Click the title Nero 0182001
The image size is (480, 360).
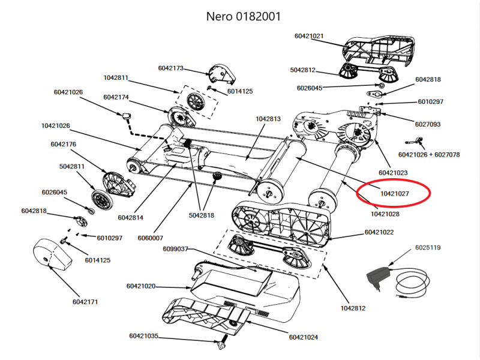(x=240, y=16)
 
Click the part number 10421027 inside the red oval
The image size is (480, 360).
(x=394, y=194)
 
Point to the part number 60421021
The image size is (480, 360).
(x=309, y=36)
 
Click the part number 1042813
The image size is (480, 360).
(x=268, y=119)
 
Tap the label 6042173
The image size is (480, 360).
(x=171, y=68)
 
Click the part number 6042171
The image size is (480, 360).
(x=86, y=301)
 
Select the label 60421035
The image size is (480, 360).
(x=143, y=335)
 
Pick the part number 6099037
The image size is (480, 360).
(x=174, y=248)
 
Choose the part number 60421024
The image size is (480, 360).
(x=304, y=337)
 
